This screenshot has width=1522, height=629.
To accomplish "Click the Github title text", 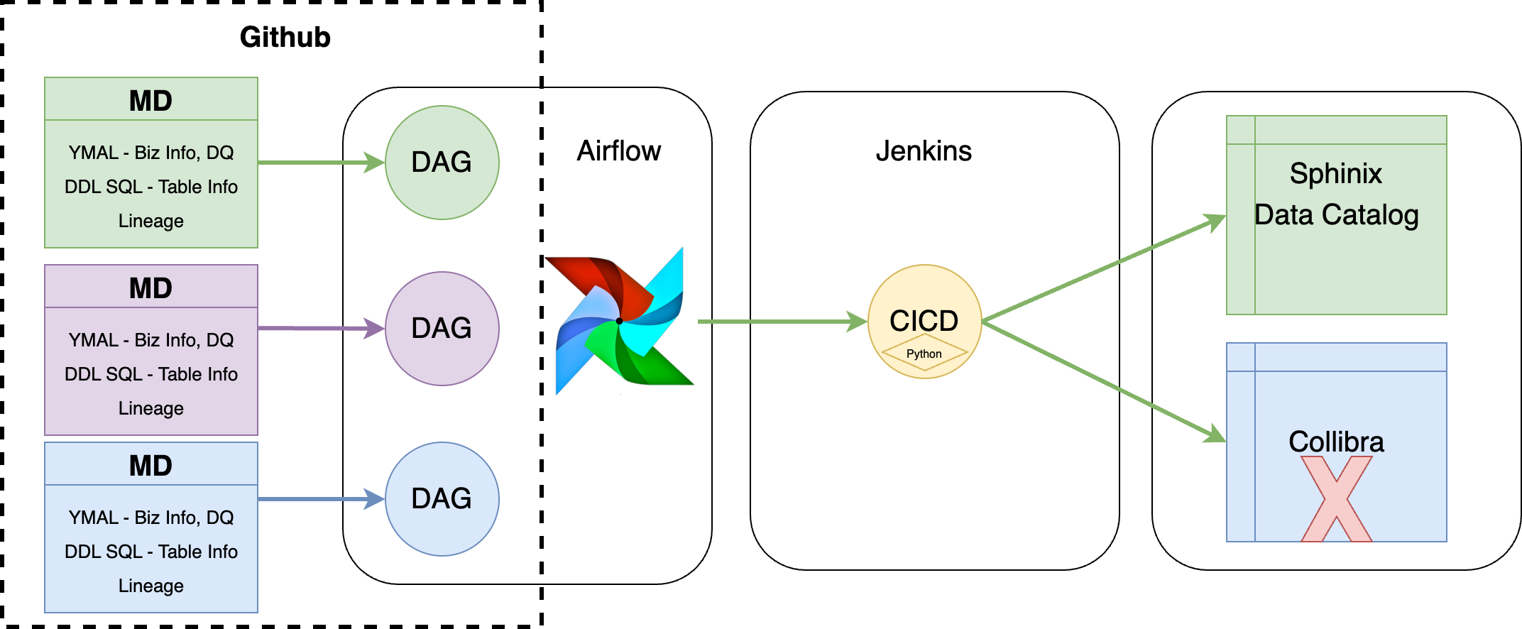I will pos(285,37).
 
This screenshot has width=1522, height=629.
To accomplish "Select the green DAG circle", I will pos(442,163).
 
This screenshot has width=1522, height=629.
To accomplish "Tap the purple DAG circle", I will pos(442,329).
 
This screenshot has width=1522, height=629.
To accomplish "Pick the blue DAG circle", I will pos(442,499).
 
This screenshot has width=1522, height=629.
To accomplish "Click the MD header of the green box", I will pos(150,100).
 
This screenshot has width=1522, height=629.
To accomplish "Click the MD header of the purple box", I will pos(150,288).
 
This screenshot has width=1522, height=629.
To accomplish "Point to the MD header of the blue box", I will pos(150,465).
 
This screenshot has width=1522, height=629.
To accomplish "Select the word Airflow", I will pos(618,151).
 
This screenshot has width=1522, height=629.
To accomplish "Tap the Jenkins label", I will pos(923,151).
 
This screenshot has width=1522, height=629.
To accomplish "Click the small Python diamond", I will pos(924,353).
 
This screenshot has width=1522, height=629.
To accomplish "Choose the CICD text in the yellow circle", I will pos(924,320).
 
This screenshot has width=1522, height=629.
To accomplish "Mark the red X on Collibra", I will pos(1336,498).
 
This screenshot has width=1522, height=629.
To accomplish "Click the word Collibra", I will pos(1336,442).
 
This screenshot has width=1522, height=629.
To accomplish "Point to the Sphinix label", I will pos(1335,173).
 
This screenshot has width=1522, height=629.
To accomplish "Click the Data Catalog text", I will pos(1336,214).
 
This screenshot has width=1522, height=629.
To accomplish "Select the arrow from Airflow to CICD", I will pos(781,322).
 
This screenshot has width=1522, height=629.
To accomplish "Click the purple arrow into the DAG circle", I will pos(319,328).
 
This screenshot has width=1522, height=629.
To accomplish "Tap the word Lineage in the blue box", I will pos(150,586).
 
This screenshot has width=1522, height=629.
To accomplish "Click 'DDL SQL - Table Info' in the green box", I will pos(150,187).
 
